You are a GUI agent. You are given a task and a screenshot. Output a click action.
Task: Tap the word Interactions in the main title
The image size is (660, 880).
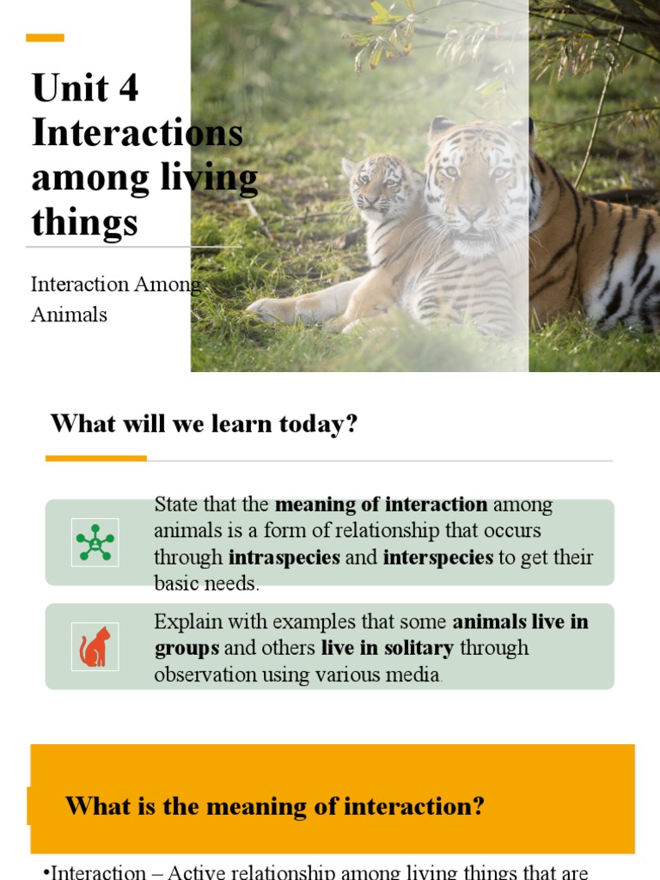pos(137,133)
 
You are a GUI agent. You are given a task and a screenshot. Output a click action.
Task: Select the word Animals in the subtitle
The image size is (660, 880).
pos(69,315)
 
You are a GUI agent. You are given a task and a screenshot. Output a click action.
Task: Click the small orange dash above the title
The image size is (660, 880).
pos(45,38)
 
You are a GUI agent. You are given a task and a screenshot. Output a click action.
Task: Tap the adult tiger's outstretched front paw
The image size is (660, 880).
pos(275,309)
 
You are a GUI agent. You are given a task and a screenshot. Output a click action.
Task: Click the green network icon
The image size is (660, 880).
pos(95,542)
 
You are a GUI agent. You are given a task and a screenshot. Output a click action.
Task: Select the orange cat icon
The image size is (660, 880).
pos(95,647)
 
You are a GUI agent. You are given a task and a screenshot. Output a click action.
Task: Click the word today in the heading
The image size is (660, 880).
pos(320,424)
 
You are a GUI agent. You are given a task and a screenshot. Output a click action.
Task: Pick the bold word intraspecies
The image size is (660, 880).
pos(284,557)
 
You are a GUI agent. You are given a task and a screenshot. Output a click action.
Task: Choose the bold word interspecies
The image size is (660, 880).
pos(438,557)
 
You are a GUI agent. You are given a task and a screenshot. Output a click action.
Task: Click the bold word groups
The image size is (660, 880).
pos(186,647)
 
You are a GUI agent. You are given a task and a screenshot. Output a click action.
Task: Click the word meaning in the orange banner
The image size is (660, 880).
pos(263,806)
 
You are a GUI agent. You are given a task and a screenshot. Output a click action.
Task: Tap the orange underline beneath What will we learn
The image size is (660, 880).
pos(95,458)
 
